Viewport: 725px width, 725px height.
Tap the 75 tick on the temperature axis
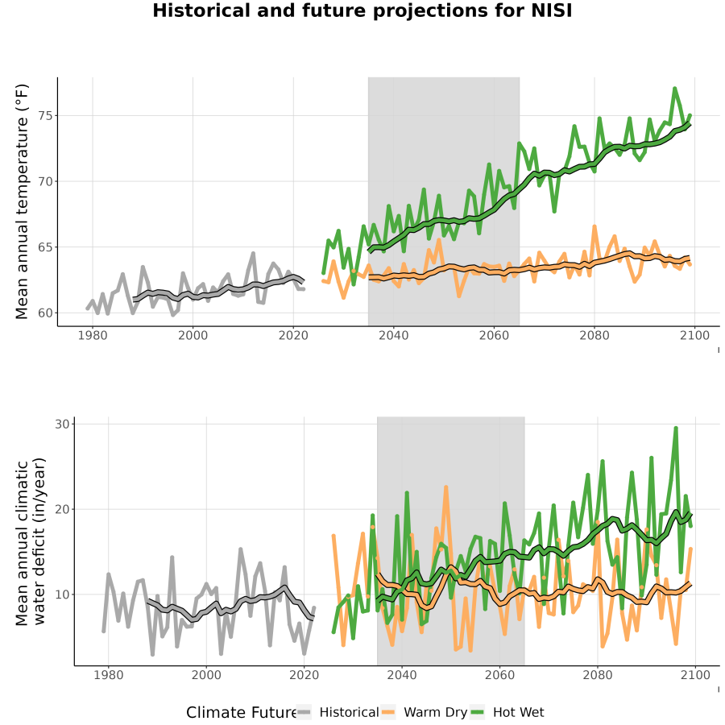pyautogui.click(x=45, y=115)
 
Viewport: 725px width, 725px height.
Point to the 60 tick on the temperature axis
pyautogui.click(x=45, y=313)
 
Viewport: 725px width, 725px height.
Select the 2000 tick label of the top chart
pyautogui.click(x=193, y=336)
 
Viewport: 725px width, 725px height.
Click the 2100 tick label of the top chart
pyautogui.click(x=694, y=336)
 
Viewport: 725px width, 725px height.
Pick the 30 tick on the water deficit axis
pyautogui.click(x=62, y=424)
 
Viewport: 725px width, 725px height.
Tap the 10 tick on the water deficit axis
pyautogui.click(x=62, y=594)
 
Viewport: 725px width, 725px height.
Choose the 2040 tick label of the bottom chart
pyautogui.click(x=402, y=675)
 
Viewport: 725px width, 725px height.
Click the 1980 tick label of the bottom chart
pyautogui.click(x=109, y=675)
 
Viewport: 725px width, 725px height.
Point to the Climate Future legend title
pyautogui.click(x=242, y=713)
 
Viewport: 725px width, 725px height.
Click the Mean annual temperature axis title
pyautogui.click(x=22, y=201)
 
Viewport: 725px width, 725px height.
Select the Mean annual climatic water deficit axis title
pyautogui.click(x=31, y=541)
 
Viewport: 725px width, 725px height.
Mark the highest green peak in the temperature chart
pyautogui.click(x=674, y=88)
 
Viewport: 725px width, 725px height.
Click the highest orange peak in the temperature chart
pyautogui.click(x=594, y=226)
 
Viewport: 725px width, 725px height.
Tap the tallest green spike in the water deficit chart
pyautogui.click(x=676, y=429)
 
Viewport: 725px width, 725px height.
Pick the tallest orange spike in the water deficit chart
pyautogui.click(x=446, y=487)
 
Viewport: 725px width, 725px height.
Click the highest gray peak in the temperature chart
pyautogui.click(x=253, y=253)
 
